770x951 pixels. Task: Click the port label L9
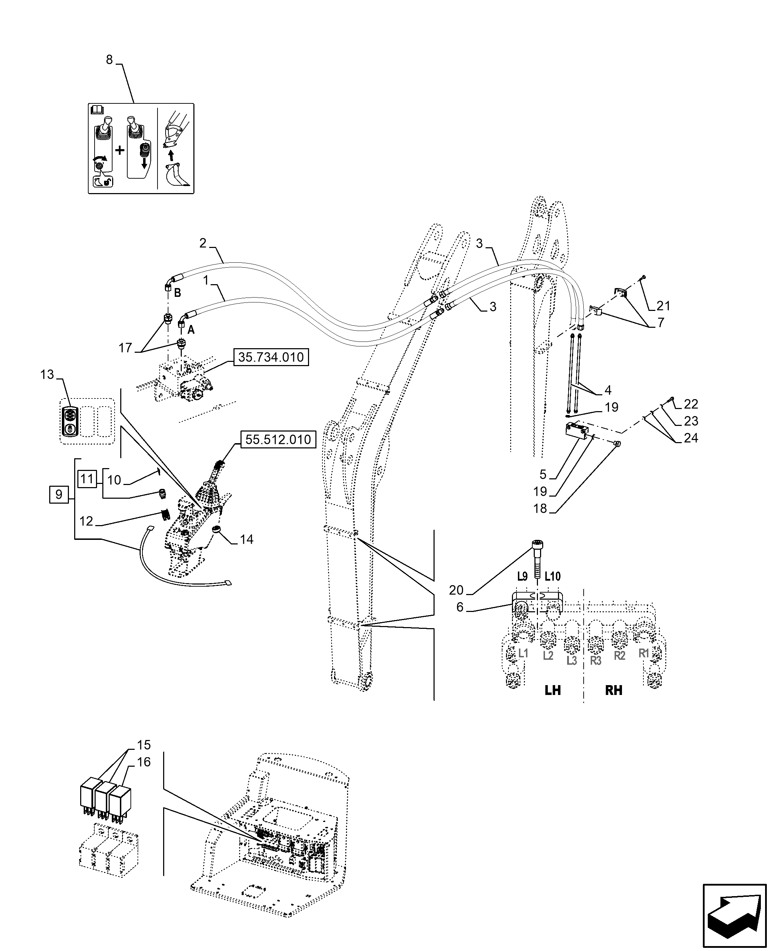point(522,577)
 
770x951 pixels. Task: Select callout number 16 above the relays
point(144,762)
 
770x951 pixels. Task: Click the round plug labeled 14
point(217,529)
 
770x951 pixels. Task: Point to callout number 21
point(663,306)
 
